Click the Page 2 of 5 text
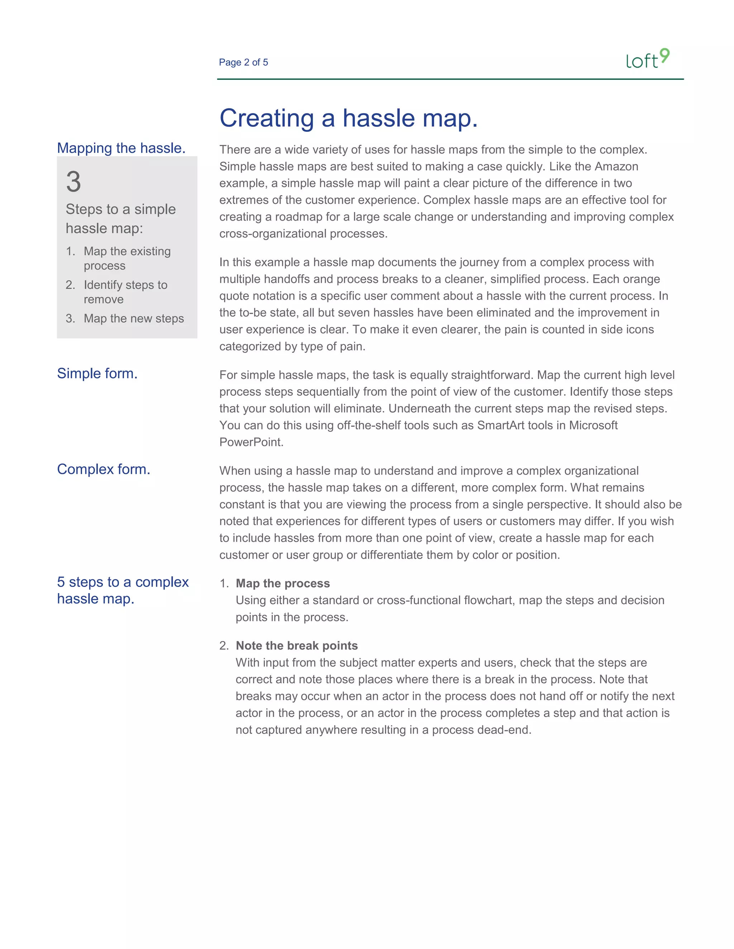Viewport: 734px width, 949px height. pyautogui.click(x=243, y=63)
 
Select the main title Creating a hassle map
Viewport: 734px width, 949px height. pyautogui.click(x=348, y=118)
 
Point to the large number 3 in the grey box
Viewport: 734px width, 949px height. pyautogui.click(x=73, y=182)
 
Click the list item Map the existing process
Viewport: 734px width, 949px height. pyautogui.click(x=127, y=258)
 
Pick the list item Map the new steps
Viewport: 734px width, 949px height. pyautogui.click(x=133, y=318)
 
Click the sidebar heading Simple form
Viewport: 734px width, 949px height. pyautogui.click(x=97, y=373)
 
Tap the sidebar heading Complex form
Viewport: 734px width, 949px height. pyautogui.click(x=104, y=469)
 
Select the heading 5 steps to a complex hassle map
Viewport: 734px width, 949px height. pyautogui.click(x=123, y=590)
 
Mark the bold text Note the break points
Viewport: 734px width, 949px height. pyautogui.click(x=296, y=646)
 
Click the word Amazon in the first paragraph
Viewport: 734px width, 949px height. pyautogui.click(x=616, y=167)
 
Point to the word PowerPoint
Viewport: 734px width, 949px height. pyautogui.click(x=251, y=442)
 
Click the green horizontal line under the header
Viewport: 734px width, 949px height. pyautogui.click(x=450, y=79)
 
